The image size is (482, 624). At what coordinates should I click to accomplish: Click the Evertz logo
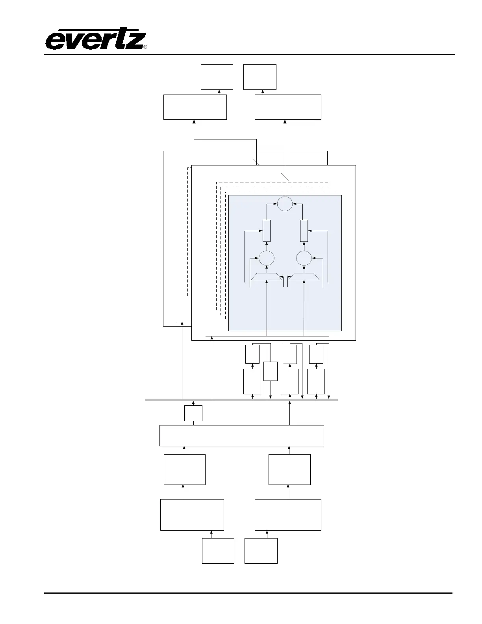[x=95, y=40]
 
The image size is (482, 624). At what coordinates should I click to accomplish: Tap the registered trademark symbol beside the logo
[x=145, y=47]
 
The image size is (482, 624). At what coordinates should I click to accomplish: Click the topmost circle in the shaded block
[x=285, y=204]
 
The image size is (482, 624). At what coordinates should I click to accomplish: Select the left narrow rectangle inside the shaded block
[x=267, y=231]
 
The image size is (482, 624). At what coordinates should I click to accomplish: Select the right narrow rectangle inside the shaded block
[x=304, y=231]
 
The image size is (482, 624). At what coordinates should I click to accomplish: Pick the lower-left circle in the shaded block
[x=267, y=258]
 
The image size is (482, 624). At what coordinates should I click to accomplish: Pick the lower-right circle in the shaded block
[x=304, y=258]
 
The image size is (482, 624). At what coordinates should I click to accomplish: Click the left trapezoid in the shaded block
[x=267, y=277]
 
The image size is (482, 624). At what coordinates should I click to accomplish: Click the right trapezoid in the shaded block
[x=304, y=277]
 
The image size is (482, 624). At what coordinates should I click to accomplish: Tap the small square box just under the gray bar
[x=193, y=413]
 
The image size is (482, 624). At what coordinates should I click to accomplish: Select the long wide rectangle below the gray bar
[x=241, y=435]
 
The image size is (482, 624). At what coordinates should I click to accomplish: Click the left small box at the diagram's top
[x=217, y=77]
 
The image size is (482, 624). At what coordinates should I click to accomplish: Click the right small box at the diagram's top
[x=260, y=77]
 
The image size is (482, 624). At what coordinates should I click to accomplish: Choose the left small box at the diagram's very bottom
[x=218, y=551]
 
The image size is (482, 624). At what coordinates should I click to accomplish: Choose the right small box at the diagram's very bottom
[x=261, y=551]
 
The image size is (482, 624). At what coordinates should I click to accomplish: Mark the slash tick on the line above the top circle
[x=285, y=177]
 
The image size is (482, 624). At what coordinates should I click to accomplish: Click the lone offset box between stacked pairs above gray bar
[x=270, y=371]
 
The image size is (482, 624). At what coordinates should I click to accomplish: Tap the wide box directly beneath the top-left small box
[x=195, y=107]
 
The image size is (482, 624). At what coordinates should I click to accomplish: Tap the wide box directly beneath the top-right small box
[x=288, y=107]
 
